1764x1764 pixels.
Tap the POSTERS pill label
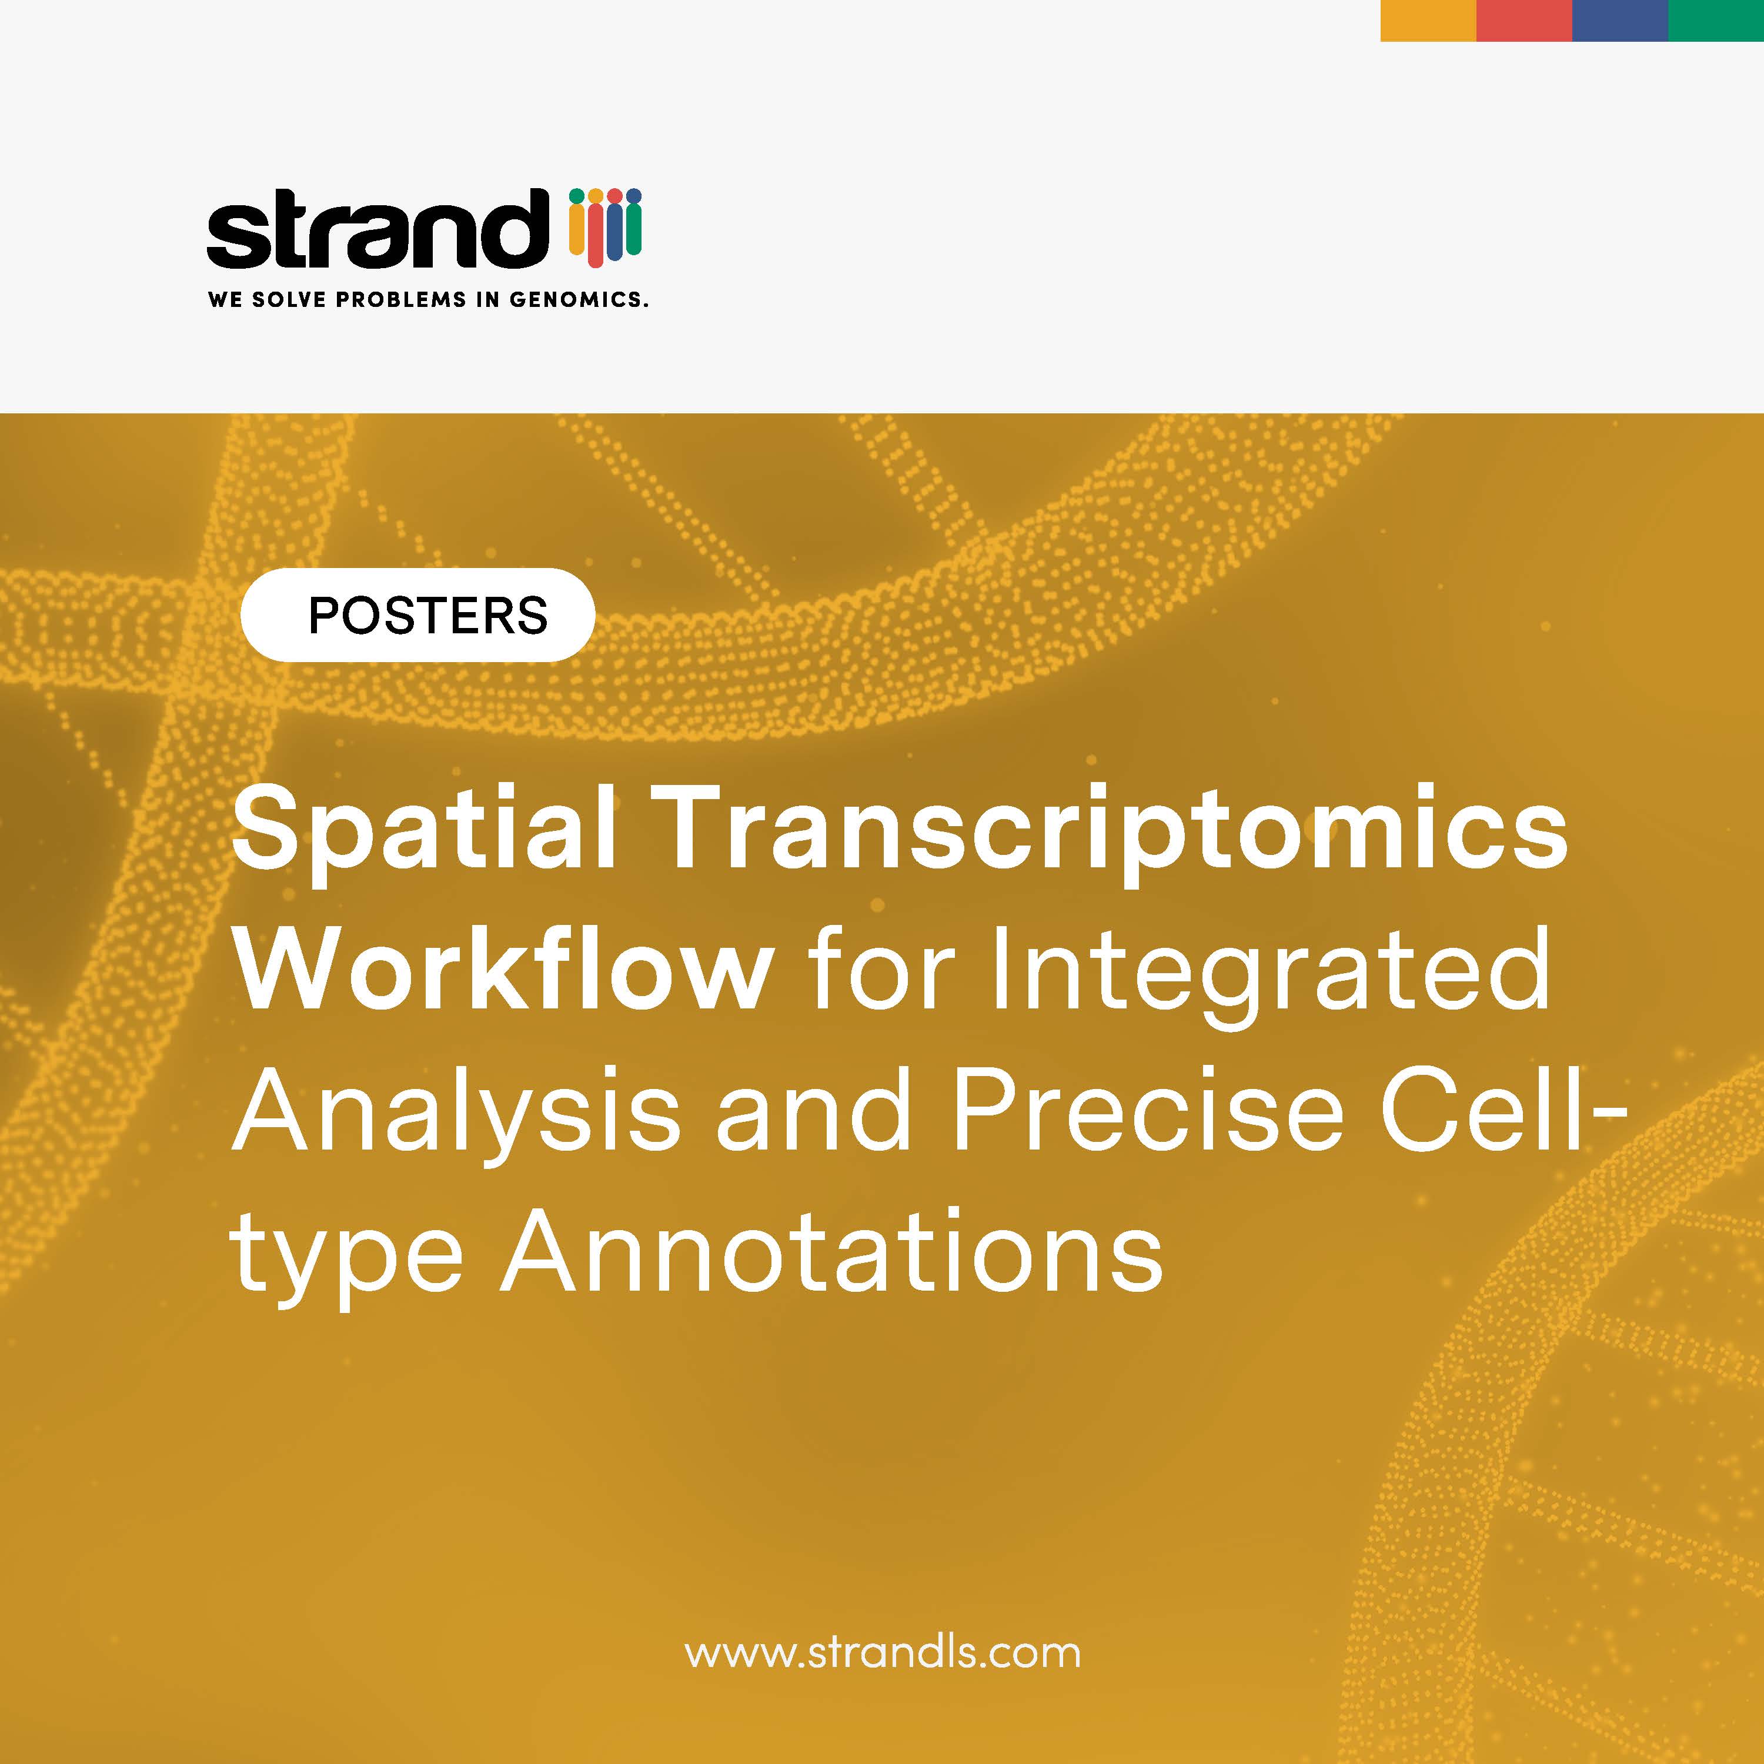417,614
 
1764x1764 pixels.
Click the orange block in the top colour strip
1428,20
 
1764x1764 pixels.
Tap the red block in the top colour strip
1524,20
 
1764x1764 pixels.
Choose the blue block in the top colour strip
1620,20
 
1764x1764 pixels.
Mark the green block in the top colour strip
1716,20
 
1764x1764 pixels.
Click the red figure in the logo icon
595,228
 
